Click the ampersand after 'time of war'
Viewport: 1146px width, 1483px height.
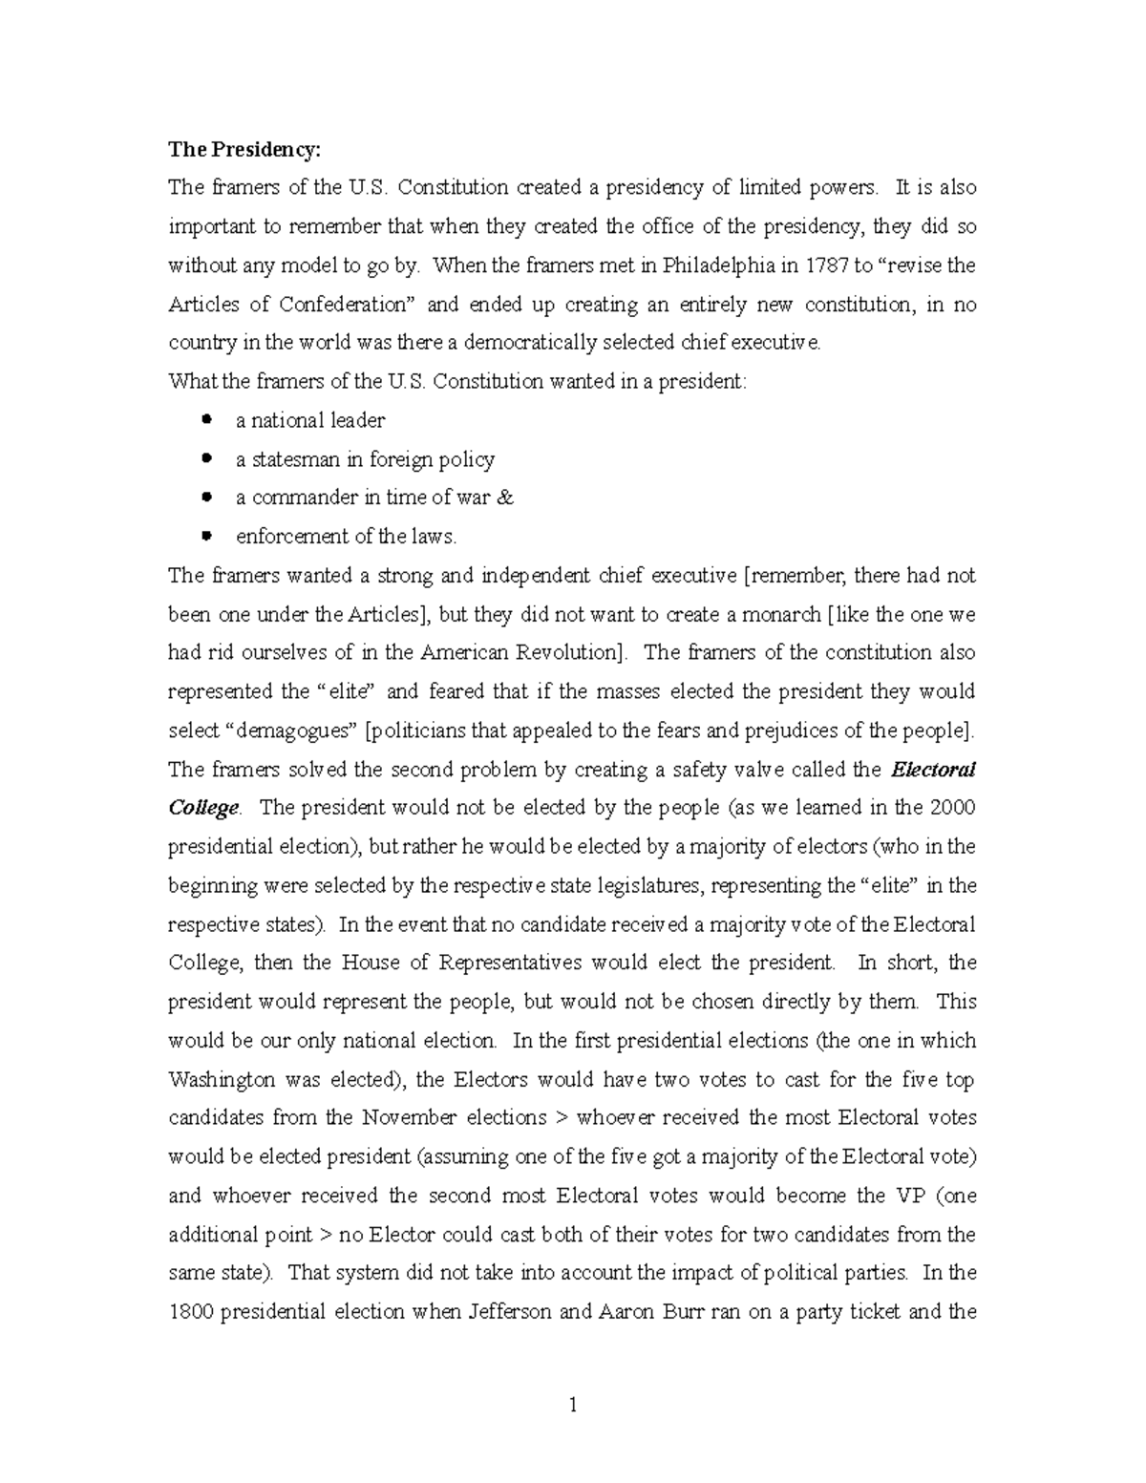[x=506, y=498]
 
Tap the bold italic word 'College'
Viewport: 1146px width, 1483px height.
[x=203, y=808]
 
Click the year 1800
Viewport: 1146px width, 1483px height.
[x=190, y=1311]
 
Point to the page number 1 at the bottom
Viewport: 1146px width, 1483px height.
[x=572, y=1405]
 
